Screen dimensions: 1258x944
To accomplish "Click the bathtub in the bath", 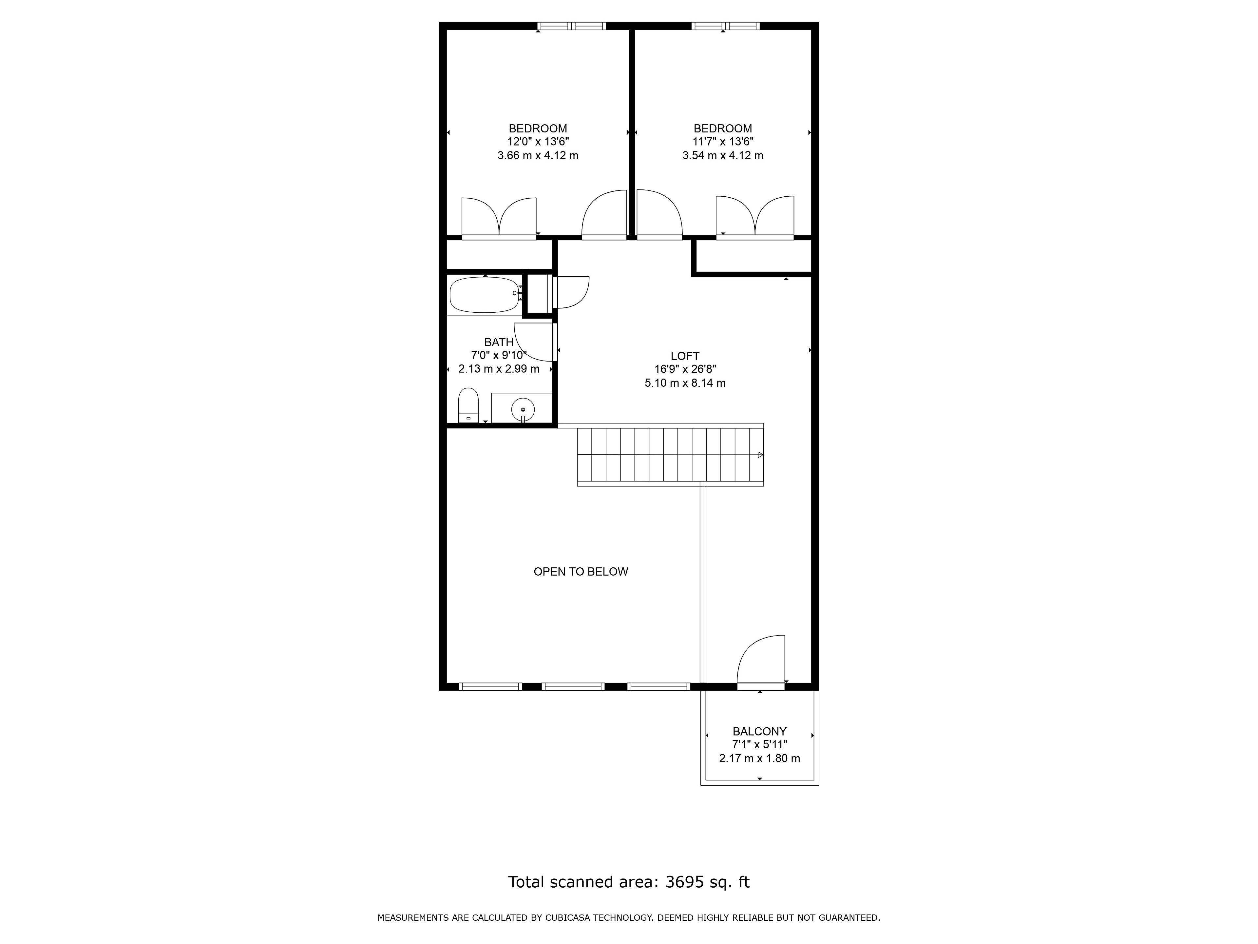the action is coord(485,295).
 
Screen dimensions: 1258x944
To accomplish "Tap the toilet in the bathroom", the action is coord(468,405).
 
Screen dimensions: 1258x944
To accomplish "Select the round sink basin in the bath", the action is coord(523,409).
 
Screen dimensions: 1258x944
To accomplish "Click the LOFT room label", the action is coord(685,356).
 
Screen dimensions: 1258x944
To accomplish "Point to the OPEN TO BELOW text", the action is coord(581,572).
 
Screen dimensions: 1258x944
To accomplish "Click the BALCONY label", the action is coord(759,731).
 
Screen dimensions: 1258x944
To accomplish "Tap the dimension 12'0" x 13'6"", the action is coord(538,142).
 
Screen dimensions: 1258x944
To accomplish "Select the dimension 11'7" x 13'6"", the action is coord(723,142).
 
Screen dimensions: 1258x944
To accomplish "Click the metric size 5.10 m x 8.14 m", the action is coord(685,383).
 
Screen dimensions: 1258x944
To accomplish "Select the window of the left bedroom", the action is coord(572,26).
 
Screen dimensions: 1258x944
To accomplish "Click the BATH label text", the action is coord(499,342).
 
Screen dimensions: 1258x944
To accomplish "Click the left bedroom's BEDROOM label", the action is coord(538,128).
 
